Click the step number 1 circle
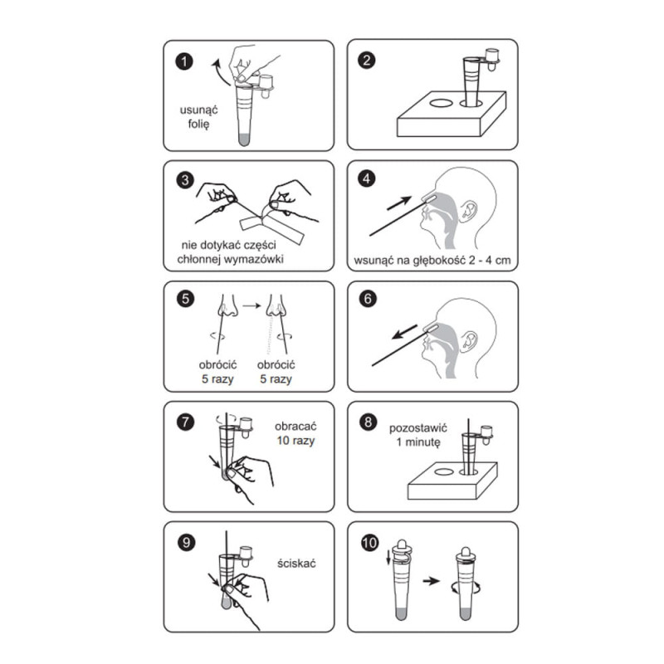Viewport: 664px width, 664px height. click(x=184, y=61)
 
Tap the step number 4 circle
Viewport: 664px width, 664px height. click(x=367, y=178)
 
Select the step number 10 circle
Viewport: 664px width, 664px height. click(x=369, y=543)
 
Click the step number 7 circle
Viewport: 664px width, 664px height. click(x=185, y=422)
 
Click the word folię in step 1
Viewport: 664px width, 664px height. click(x=198, y=124)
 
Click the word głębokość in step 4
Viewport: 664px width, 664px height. click(x=439, y=261)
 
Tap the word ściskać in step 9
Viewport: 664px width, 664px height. click(x=296, y=564)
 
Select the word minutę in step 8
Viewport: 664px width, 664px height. click(x=423, y=442)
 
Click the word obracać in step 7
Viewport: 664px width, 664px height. click(x=295, y=426)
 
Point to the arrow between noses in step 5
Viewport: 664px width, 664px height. click(x=251, y=305)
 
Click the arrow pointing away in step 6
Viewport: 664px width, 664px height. click(x=404, y=331)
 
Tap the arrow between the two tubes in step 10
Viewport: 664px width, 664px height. click(x=432, y=581)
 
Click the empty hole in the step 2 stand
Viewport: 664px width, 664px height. click(x=442, y=103)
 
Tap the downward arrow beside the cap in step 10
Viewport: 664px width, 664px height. click(x=388, y=557)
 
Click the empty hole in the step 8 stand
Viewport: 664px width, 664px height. click(x=444, y=472)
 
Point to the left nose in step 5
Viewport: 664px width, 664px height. click(x=227, y=306)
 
